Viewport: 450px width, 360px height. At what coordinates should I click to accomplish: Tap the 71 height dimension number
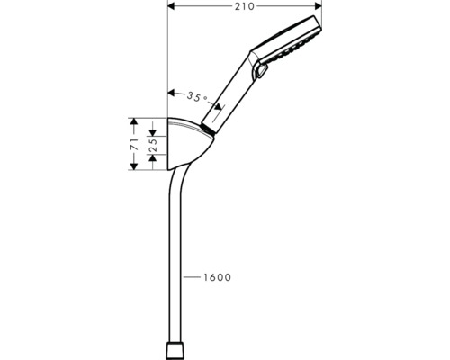(x=133, y=143)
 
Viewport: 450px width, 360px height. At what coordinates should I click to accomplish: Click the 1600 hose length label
(x=216, y=278)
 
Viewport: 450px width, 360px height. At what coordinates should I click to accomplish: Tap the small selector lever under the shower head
(x=262, y=71)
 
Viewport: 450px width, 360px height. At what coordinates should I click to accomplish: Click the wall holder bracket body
(x=186, y=148)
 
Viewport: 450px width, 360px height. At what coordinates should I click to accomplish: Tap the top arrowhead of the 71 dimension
(x=133, y=120)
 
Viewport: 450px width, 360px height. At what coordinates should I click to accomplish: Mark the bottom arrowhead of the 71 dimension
(x=133, y=167)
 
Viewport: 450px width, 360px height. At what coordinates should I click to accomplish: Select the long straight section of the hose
(x=171, y=270)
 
